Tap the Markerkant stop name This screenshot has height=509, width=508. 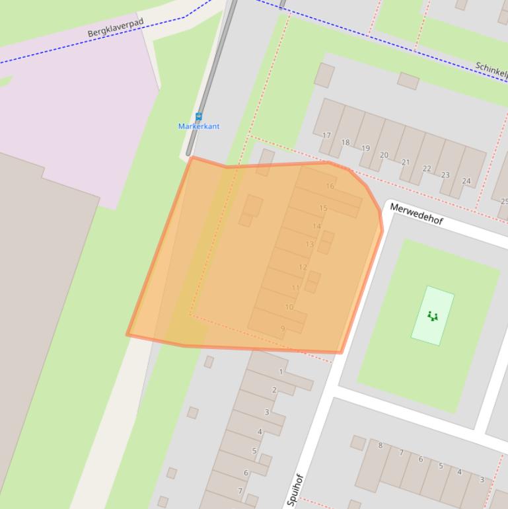pyautogui.click(x=199, y=126)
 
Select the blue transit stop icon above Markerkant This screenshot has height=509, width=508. pyautogui.click(x=199, y=117)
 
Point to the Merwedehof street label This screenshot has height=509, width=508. pyautogui.click(x=416, y=214)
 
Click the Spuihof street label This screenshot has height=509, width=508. pyautogui.click(x=295, y=490)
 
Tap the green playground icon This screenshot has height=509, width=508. pyautogui.click(x=433, y=316)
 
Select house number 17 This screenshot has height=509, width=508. pyautogui.click(x=326, y=136)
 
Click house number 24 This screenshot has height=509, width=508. pyautogui.click(x=466, y=181)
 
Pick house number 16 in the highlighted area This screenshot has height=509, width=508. pyautogui.click(x=330, y=186)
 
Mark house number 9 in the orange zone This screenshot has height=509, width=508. pyautogui.click(x=283, y=329)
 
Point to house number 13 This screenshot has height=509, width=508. pyautogui.click(x=309, y=245)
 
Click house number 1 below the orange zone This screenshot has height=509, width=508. pyautogui.click(x=281, y=372)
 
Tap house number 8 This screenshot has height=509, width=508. pyautogui.click(x=381, y=446)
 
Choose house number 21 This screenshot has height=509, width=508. pyautogui.click(x=406, y=162)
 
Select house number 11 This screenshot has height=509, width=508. pyautogui.click(x=295, y=288)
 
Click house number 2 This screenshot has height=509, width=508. pyautogui.click(x=274, y=390)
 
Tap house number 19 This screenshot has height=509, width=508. pyautogui.click(x=365, y=149)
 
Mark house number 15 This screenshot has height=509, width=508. pyautogui.click(x=323, y=208)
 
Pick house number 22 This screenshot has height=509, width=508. pyautogui.click(x=427, y=169)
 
